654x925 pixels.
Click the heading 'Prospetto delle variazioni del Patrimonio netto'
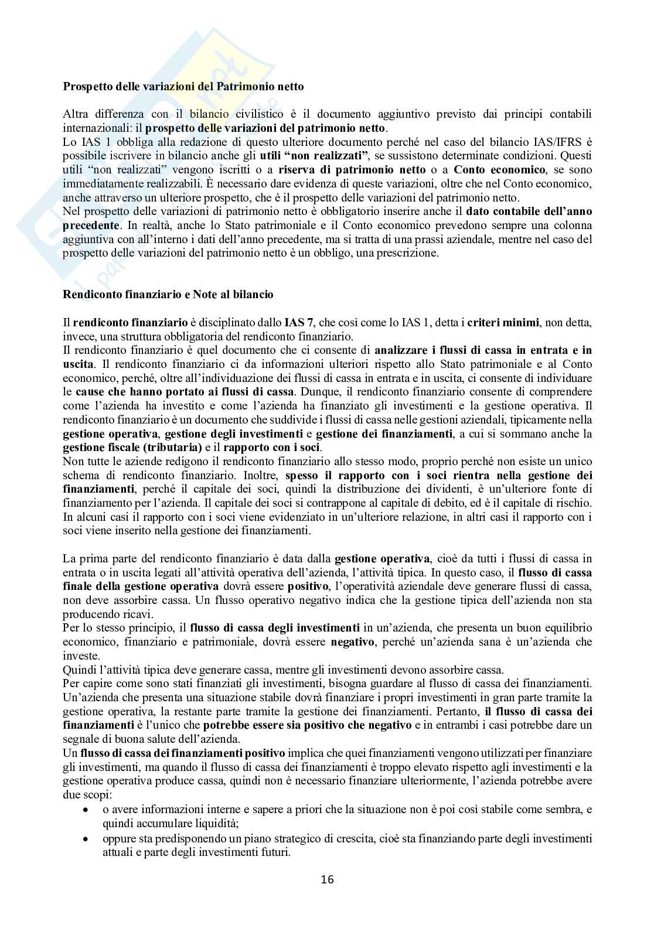pos(183,86)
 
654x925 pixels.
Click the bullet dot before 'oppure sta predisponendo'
pos(86,839)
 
